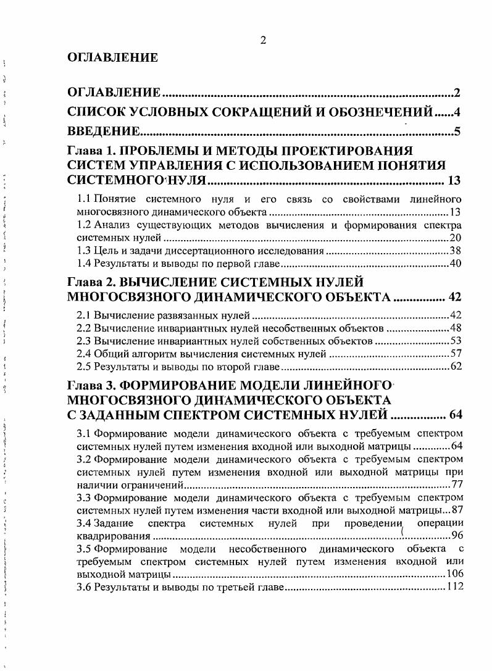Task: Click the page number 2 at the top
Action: tap(263, 41)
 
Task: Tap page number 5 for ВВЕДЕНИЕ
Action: tap(457, 131)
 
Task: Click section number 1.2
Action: tap(84, 225)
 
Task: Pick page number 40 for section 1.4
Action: tap(456, 264)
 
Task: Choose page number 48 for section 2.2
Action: tap(456, 328)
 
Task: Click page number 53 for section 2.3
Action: tap(456, 341)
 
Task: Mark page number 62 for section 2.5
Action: tap(456, 367)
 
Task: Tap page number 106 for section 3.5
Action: tap(453, 574)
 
